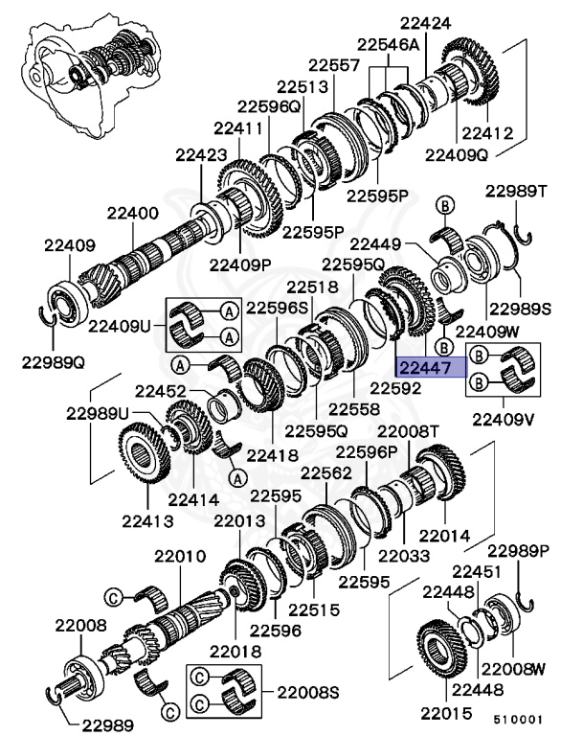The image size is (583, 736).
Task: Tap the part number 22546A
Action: click(x=389, y=44)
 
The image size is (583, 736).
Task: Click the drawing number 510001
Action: click(x=519, y=716)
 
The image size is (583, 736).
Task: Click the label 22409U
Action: click(x=120, y=325)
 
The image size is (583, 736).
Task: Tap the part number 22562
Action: click(x=327, y=472)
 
